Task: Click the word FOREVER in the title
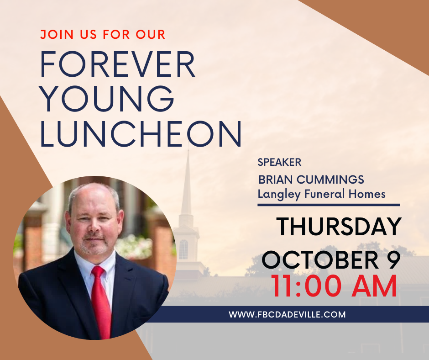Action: (x=118, y=64)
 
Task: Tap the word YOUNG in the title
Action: (x=107, y=99)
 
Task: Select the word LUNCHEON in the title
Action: (x=141, y=134)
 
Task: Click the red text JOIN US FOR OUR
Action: (x=103, y=35)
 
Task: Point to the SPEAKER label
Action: (x=279, y=162)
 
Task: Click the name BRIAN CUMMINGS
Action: (x=311, y=180)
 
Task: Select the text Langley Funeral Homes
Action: (x=321, y=194)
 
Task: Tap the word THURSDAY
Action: (x=339, y=227)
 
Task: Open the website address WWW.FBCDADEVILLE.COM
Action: (x=287, y=314)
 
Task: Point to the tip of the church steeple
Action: (x=188, y=150)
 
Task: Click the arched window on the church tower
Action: (x=183, y=249)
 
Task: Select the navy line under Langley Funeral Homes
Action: (x=329, y=205)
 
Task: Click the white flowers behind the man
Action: (x=134, y=246)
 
